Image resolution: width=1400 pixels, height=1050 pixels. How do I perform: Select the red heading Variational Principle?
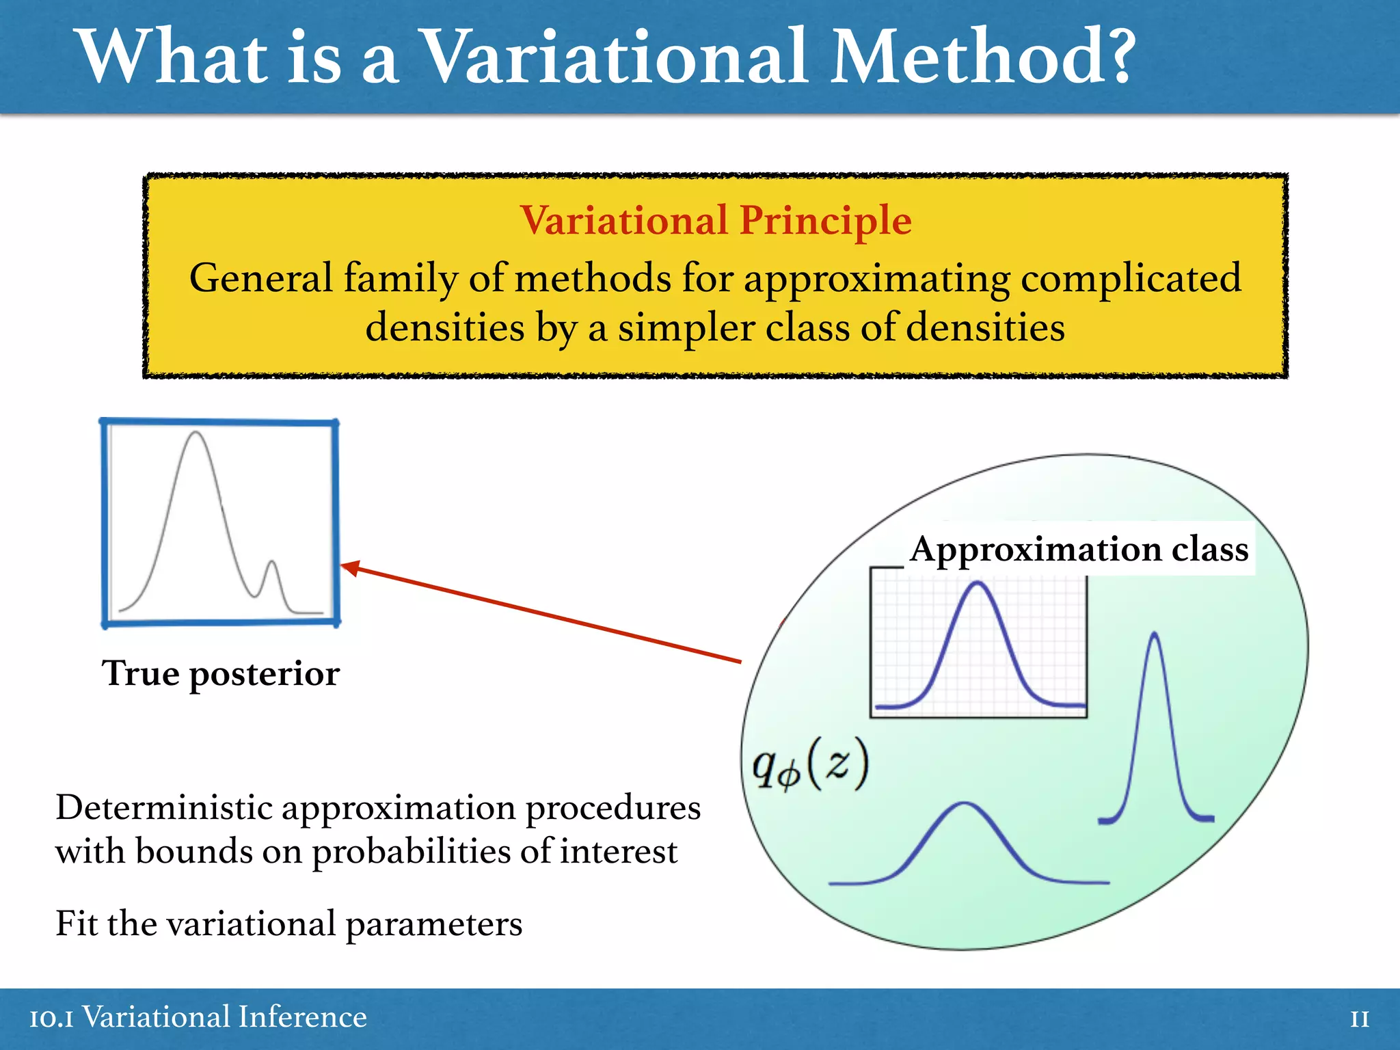715,221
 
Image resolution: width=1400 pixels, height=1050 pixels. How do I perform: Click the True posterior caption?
220,673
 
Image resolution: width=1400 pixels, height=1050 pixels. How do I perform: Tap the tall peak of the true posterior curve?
196,433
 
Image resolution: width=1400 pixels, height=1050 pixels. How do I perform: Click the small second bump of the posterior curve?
272,563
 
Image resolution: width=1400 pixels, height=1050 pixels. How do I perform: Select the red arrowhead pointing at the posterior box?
350,567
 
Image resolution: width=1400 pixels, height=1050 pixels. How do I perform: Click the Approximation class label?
1079,549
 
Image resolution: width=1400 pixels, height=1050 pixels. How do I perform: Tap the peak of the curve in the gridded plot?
978,583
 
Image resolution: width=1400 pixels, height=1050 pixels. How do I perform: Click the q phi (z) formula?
810,765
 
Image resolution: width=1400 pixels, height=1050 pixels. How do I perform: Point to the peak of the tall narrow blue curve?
1155,634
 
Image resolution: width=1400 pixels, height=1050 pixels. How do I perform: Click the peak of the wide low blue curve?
965,805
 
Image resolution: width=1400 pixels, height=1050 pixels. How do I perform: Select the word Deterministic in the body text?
164,808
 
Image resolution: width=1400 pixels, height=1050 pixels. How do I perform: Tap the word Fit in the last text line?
76,924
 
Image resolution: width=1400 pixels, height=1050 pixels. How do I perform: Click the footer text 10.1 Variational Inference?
198,1017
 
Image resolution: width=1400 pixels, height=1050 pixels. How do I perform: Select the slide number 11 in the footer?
1359,1019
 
